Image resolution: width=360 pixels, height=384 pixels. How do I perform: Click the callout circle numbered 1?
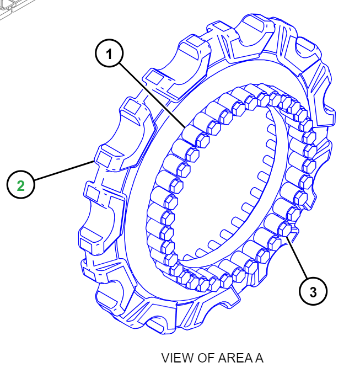click(x=109, y=54)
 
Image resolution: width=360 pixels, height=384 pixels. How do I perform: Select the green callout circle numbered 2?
click(x=21, y=185)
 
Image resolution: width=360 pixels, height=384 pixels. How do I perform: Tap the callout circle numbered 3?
click(x=313, y=292)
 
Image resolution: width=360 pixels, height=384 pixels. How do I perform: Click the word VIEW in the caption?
click(x=174, y=358)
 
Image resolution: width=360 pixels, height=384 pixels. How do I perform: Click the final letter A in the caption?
click(x=259, y=358)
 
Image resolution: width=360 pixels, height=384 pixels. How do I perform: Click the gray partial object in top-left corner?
click(x=14, y=8)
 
